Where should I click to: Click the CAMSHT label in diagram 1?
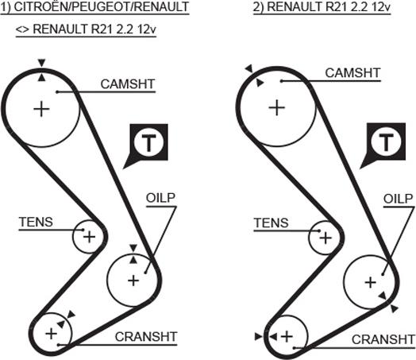click(128, 84)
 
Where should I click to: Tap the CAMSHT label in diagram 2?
click(352, 73)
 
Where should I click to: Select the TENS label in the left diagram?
click(36, 222)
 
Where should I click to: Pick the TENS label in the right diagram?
click(272, 223)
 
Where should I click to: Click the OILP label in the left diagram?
click(161, 198)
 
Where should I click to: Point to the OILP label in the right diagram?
click(399, 199)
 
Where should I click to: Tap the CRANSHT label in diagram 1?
click(146, 337)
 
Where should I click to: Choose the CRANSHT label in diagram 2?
click(383, 339)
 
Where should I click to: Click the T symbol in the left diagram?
click(148, 142)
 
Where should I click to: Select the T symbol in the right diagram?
click(387, 142)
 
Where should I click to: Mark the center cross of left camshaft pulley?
click(41, 109)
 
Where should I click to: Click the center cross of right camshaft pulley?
click(277, 108)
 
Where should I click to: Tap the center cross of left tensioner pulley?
click(90, 237)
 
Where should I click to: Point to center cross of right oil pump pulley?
click(371, 282)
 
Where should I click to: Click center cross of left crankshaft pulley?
click(51, 334)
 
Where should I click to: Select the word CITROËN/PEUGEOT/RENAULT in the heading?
click(101, 7)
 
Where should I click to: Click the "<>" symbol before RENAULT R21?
click(22, 29)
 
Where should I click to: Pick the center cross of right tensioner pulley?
click(325, 238)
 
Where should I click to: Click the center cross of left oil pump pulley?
click(133, 281)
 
